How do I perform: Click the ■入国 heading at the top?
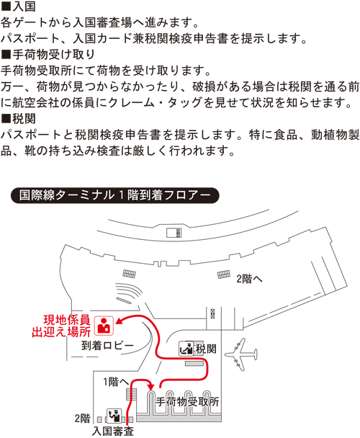coord(18,6)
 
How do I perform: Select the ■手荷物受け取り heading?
coord(48,55)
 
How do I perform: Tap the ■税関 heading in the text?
coord(18,119)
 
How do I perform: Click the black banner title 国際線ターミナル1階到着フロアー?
coord(114,195)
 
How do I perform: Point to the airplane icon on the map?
coord(241,354)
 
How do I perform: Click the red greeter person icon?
coord(104,326)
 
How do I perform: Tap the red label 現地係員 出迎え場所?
coord(61,326)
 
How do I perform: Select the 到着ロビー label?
coord(107,346)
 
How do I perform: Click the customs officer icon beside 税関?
coord(186,349)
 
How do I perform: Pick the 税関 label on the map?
coord(206,349)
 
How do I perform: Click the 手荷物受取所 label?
coord(187,402)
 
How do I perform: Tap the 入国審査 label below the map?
coord(113,431)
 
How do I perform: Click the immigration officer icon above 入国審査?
coord(114,416)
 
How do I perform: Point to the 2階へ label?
coord(249,279)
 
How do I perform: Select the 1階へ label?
coord(116,382)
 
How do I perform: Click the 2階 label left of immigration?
coord(82,418)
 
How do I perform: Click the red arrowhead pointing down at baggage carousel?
coord(151,387)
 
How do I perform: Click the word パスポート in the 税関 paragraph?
coord(31,135)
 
